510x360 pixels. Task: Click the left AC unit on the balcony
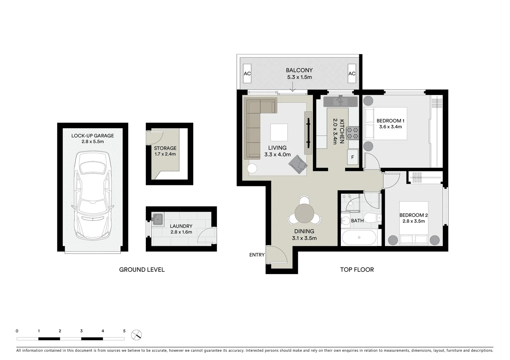(247, 73)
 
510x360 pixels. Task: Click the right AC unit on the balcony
(352, 73)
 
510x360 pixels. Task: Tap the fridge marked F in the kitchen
(353, 157)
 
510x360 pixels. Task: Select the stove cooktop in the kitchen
(353, 133)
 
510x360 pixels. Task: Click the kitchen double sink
(340, 101)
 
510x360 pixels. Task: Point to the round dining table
(304, 213)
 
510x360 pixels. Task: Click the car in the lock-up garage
(92, 195)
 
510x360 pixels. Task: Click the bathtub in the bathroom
(359, 238)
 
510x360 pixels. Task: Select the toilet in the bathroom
(372, 218)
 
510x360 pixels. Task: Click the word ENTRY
(257, 255)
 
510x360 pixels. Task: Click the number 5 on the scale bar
(124, 331)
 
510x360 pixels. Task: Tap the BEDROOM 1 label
(390, 121)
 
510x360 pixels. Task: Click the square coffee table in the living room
(279, 132)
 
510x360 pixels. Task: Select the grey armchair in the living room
(298, 164)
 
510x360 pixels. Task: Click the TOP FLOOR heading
(357, 270)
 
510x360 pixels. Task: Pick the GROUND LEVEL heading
(142, 270)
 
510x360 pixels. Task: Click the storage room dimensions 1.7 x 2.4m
(165, 154)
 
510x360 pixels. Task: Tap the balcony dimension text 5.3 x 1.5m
(299, 77)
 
